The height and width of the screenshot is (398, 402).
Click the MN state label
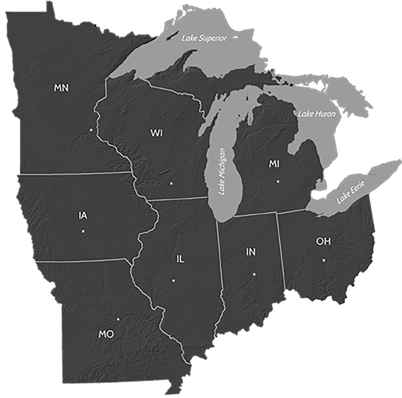tap(61, 88)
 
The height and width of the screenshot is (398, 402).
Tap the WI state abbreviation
tap(157, 133)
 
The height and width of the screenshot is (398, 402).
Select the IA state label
tap(83, 215)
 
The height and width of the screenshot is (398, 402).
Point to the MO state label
tap(106, 334)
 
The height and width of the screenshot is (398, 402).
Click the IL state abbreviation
tap(180, 259)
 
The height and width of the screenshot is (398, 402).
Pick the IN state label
tap(251, 252)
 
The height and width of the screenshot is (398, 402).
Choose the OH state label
tap(323, 241)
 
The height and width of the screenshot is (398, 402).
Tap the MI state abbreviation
tap(274, 164)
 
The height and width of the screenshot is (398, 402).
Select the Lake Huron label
tap(317, 114)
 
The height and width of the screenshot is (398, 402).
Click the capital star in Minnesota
tap(90, 130)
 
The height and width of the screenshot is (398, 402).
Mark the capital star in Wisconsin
tap(171, 183)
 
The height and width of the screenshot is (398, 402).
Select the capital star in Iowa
tap(83, 231)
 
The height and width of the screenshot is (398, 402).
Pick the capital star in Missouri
tap(118, 319)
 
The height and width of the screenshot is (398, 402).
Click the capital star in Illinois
tap(173, 281)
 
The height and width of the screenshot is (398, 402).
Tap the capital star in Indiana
tap(254, 274)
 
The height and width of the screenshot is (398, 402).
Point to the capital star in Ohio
tap(323, 260)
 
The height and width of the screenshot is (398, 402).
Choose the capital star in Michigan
tap(278, 181)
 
